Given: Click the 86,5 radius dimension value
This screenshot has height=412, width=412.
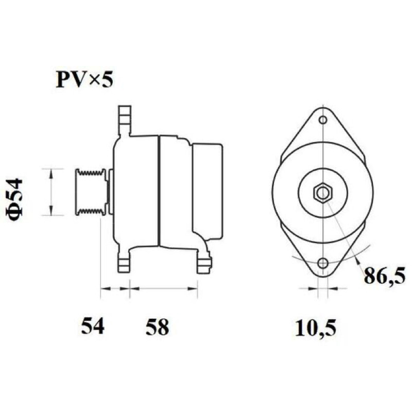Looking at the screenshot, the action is pyautogui.click(x=384, y=275).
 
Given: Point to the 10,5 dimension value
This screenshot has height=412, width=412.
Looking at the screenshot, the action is pyautogui.click(x=316, y=328).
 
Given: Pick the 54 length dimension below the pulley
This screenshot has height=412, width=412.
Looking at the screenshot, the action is pyautogui.click(x=93, y=325).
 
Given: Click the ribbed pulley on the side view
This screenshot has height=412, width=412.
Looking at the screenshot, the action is pyautogui.click(x=92, y=192).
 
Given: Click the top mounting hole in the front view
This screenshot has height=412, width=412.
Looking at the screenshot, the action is pyautogui.click(x=323, y=120).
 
